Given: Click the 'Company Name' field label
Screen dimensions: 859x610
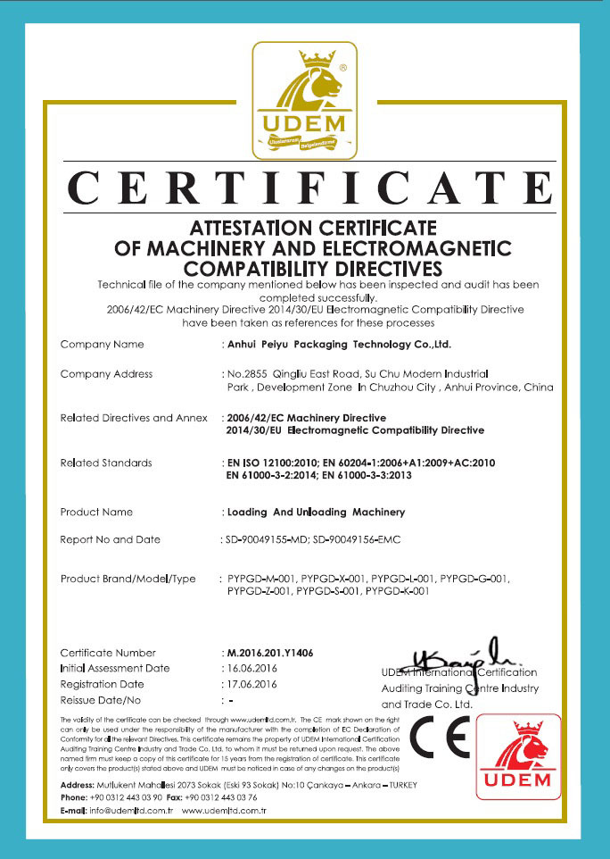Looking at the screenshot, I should point(102,344).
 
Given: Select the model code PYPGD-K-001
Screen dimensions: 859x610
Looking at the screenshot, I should point(398,590).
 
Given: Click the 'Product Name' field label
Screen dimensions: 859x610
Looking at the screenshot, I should point(96,512).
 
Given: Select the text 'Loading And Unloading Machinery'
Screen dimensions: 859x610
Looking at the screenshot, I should point(317,512).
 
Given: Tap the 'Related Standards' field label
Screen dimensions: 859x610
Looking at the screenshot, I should point(106,463).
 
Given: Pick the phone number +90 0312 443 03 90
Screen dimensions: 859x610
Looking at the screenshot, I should point(124,796).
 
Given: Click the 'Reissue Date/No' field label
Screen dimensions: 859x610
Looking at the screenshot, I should point(101,700).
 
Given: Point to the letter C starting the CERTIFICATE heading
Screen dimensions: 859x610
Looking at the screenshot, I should point(88,188).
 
